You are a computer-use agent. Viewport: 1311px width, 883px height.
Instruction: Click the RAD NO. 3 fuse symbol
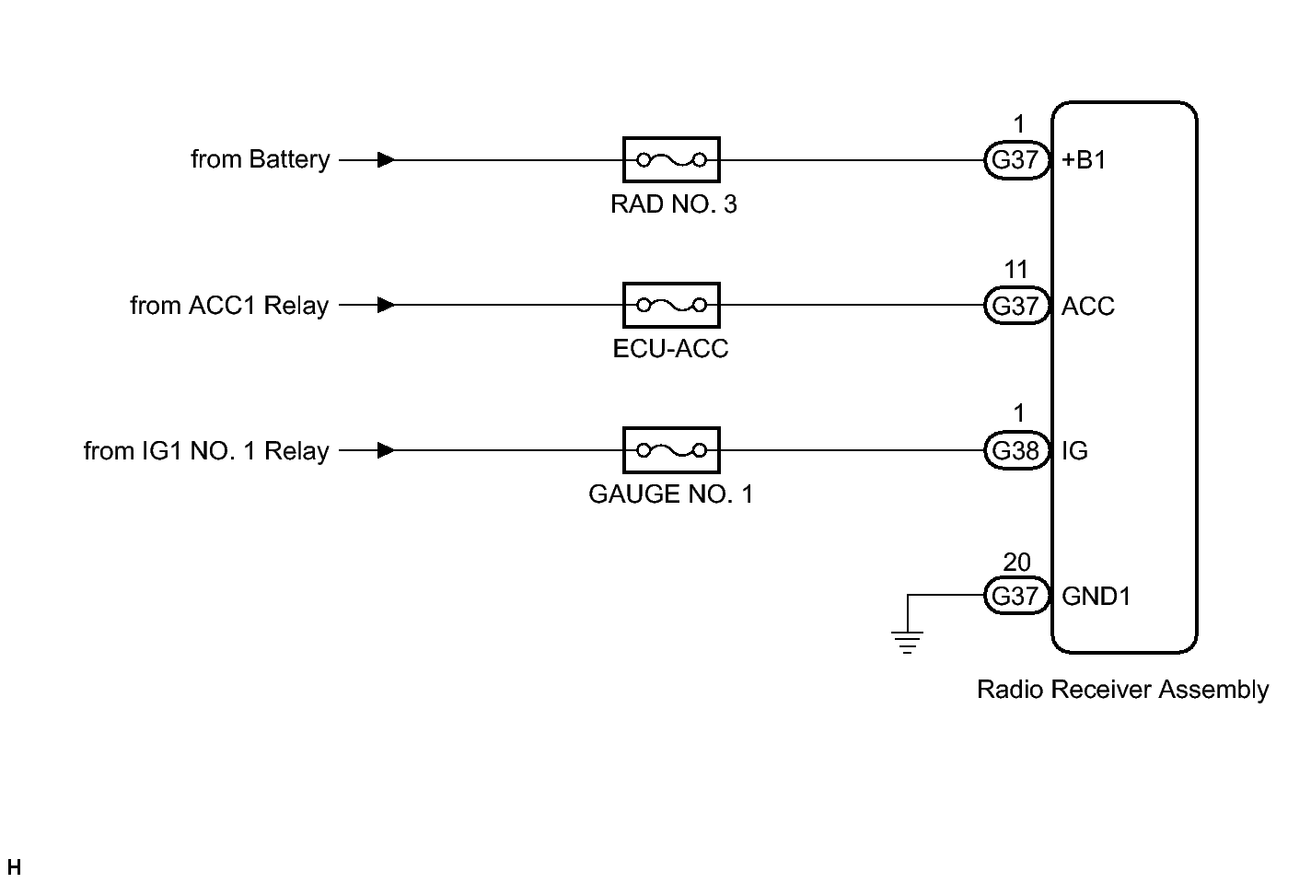(671, 159)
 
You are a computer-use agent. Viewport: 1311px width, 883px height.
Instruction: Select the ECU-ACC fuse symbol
(671, 305)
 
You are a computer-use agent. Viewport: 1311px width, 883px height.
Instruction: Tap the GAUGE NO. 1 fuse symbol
(671, 450)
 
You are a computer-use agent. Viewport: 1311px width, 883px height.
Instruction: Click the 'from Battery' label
(261, 159)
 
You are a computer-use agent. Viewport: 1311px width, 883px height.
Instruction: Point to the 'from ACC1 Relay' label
(229, 306)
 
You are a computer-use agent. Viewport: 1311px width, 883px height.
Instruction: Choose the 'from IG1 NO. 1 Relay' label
(206, 450)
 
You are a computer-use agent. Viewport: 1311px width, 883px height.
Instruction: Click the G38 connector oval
(1016, 450)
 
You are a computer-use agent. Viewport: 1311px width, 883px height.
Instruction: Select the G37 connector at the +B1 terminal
(1016, 159)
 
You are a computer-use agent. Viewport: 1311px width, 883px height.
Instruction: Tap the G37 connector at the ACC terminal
(1016, 306)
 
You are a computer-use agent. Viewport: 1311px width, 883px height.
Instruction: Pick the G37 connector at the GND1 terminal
(1016, 596)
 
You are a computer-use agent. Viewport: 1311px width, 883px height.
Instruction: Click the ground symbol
(907, 642)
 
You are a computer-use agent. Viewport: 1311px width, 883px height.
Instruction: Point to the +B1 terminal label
(1084, 159)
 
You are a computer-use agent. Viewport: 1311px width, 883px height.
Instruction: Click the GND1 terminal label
(1096, 597)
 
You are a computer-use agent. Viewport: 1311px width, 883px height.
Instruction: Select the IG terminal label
(1074, 450)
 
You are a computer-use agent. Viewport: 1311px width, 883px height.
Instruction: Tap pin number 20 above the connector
(1016, 563)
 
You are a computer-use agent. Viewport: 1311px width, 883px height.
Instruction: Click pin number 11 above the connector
(1016, 270)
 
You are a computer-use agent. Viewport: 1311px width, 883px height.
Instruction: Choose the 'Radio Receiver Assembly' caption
(1122, 690)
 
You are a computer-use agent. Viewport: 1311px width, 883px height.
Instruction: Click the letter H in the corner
(14, 866)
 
